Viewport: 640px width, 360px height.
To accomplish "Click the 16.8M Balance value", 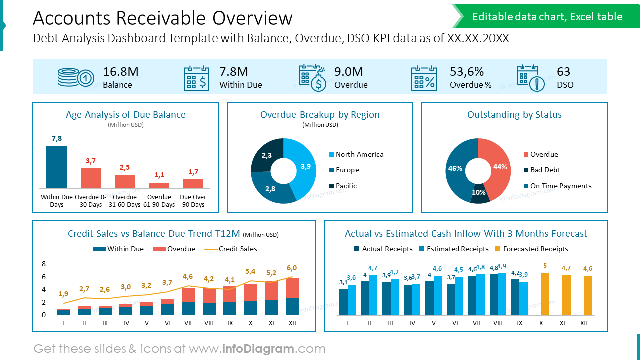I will (120, 72).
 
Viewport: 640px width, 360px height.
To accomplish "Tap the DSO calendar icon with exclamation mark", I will (530, 78).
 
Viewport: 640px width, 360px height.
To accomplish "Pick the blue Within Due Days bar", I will (57, 167).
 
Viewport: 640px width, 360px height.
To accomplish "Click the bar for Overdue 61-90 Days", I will (159, 185).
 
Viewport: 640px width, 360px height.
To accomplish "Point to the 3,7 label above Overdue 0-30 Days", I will (91, 161).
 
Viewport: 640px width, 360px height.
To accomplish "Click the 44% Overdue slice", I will (498, 167).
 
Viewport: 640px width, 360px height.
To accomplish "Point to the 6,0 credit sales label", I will (292, 268).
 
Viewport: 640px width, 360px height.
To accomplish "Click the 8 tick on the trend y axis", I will (44, 264).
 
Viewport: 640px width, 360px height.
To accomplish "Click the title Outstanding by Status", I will (514, 115).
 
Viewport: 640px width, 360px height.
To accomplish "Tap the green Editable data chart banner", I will (547, 17).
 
